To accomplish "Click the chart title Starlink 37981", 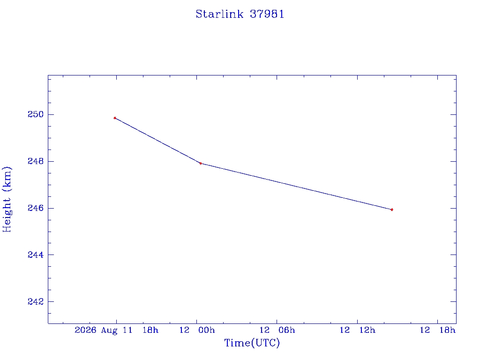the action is tap(240, 14).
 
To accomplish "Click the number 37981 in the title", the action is tap(267, 14).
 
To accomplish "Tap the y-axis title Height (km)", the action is tap(7, 199).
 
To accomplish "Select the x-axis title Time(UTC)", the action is tap(252, 343).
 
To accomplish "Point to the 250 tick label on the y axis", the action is tap(36, 114).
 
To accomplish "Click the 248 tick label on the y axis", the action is tap(36, 161).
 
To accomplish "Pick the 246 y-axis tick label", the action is tap(36, 208).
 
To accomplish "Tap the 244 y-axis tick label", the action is tap(36, 255).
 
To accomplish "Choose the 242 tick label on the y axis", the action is tap(36, 301).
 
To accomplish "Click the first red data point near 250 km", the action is tap(115, 118).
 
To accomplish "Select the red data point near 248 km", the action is tap(201, 164).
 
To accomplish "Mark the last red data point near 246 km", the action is tap(392, 210).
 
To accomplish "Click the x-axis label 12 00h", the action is tap(197, 330).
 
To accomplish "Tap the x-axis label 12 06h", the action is tap(277, 330).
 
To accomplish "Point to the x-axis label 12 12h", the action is tap(357, 330).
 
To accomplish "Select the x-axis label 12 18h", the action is tap(437, 330).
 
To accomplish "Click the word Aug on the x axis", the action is tap(109, 330).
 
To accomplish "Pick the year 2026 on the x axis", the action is tap(85, 330).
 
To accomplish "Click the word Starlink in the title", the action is tap(219, 14).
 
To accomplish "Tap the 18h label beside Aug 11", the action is tap(150, 330).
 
